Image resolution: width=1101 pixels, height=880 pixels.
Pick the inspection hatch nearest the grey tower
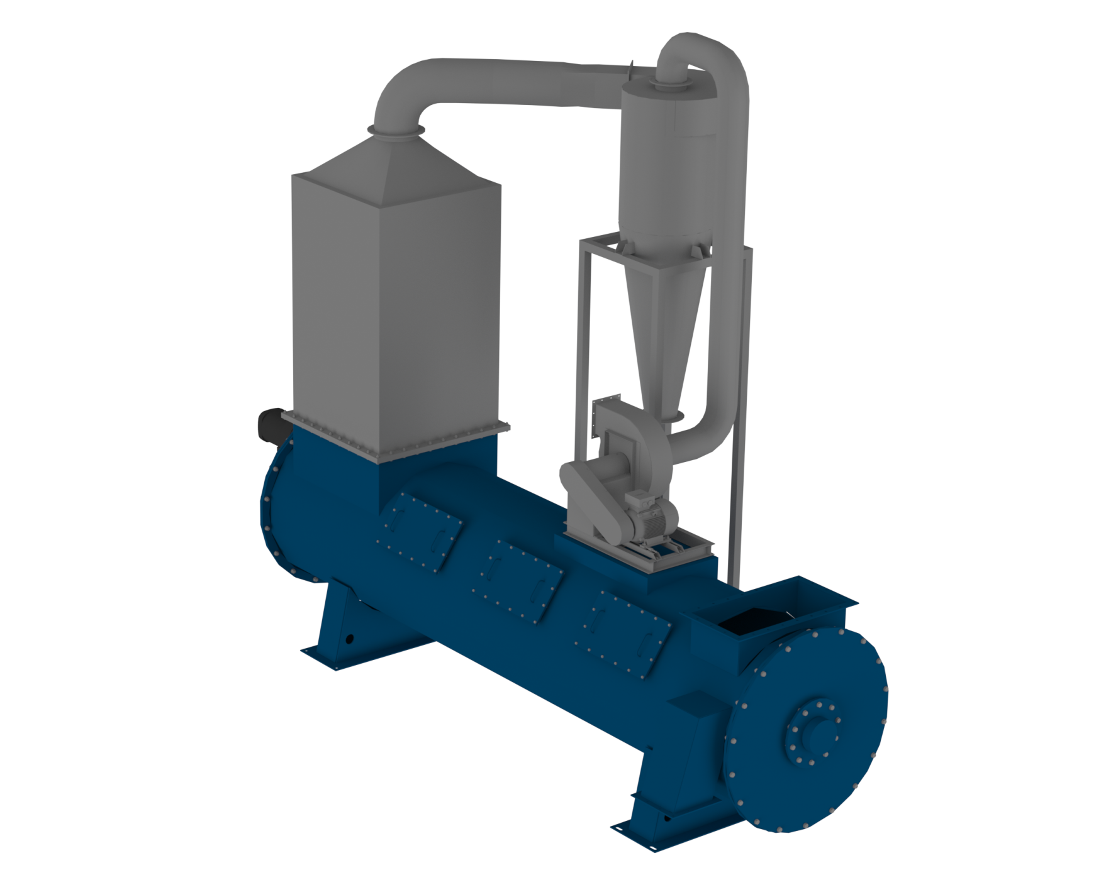point(418,525)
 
